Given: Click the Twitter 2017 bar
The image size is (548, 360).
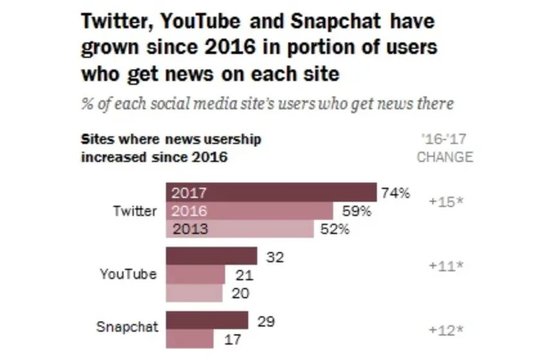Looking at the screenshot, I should (271, 192).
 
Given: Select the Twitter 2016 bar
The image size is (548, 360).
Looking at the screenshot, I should (250, 211).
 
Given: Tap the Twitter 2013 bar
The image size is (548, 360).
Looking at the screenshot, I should (240, 229).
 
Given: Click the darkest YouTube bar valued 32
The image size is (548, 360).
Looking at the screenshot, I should (212, 256).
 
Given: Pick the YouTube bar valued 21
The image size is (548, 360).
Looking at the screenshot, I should (196, 274).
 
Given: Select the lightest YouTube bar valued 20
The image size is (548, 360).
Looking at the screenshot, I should (194, 293).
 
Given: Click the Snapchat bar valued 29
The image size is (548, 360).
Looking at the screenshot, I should (207, 320).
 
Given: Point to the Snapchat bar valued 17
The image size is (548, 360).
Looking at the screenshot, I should (190, 338).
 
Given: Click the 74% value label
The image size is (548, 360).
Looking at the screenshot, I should (396, 193).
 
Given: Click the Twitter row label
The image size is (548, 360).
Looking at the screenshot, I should (134, 211).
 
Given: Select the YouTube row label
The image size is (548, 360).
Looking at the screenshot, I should (128, 274).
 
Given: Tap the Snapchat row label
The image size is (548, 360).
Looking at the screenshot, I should (127, 327).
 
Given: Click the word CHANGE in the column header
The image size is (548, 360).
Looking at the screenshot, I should (445, 157).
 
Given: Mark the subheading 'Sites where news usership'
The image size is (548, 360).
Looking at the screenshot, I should (170, 139).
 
